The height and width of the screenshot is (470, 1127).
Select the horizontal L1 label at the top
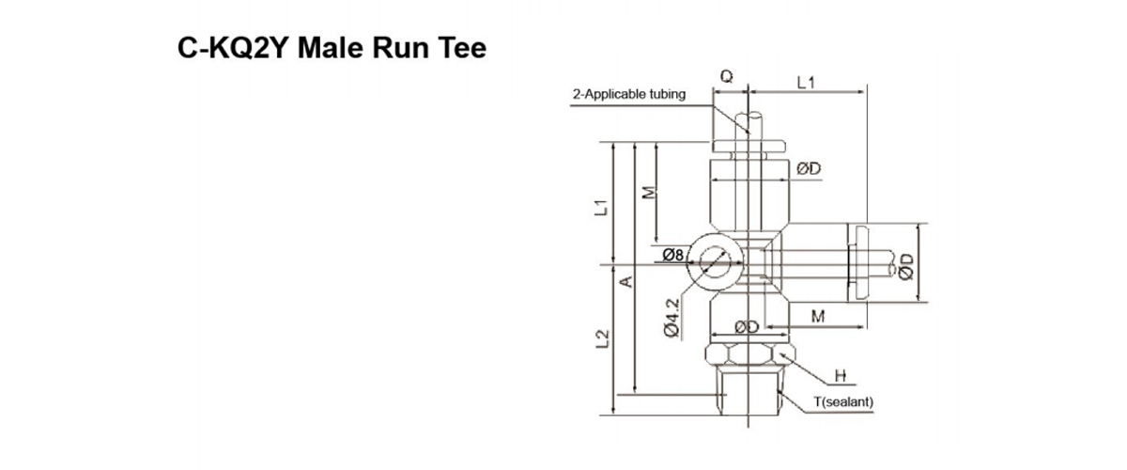805,83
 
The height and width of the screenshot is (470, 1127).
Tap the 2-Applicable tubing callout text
629,94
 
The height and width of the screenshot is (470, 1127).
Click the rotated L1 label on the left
601,204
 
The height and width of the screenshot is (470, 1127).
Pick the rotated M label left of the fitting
646,192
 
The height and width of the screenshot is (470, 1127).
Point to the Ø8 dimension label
676,254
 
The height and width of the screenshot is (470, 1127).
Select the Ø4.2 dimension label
671,318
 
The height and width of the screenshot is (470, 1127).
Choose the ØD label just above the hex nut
747,327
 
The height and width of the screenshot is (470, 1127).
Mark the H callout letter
841,377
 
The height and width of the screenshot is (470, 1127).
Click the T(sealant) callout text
843,402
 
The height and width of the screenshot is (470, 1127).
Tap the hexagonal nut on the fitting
749,355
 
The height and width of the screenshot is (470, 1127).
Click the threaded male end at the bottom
749,390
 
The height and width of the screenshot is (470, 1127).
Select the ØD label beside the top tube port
809,168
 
